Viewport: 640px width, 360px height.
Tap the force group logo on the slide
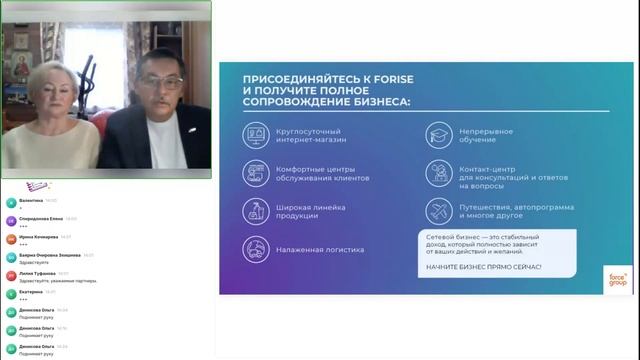pos(616,278)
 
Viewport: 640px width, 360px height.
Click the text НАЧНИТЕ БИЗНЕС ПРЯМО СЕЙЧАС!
pos(483,267)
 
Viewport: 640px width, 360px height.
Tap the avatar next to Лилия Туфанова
pos(10,275)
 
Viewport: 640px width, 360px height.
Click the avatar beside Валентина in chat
pos(10,202)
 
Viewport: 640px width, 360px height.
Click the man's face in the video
pos(161,71)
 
